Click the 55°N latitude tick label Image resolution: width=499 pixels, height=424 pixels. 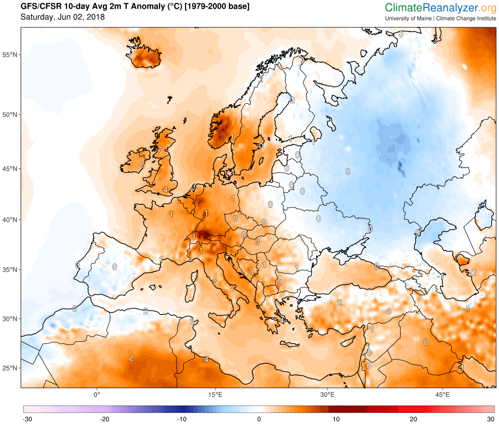click(10, 55)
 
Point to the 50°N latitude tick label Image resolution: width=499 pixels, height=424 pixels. click(10, 115)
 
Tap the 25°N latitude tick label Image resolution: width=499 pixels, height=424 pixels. click(10, 368)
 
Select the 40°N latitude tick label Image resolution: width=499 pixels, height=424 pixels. click(10, 220)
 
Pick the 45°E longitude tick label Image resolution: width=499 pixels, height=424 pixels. click(442, 394)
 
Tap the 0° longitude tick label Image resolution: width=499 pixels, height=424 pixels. click(96, 394)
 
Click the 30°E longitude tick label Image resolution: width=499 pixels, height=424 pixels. click(327, 394)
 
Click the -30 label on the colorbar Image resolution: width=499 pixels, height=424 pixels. click(27, 419)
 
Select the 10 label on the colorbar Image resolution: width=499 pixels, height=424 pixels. click(336, 419)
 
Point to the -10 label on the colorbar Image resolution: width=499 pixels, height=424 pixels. click(181, 419)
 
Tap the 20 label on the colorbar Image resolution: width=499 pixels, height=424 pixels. click(413, 419)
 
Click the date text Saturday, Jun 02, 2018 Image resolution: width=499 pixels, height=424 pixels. click(62, 17)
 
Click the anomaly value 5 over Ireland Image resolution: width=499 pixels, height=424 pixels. click(143, 165)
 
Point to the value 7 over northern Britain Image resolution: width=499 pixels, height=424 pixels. click(159, 149)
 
